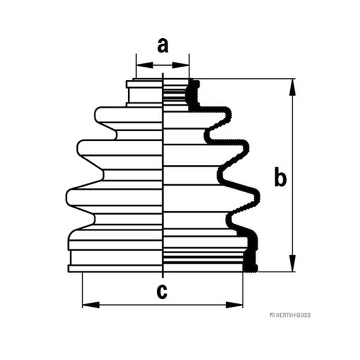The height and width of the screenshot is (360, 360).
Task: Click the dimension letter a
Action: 163,46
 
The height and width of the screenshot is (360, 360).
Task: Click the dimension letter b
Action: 280,177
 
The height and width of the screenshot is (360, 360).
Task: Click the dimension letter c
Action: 162,292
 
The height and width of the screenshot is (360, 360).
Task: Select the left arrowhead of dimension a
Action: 144,65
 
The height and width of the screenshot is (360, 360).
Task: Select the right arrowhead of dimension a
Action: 181,65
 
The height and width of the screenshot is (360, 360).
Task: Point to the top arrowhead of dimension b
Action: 292,87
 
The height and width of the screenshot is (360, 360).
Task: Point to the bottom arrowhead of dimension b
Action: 292,263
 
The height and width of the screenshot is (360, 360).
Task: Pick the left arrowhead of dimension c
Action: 91,305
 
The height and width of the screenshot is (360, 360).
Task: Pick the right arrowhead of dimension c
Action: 234,305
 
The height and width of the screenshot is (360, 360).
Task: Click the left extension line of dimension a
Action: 136,66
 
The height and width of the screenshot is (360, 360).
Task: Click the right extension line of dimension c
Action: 243,290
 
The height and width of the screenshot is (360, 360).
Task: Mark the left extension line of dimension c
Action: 82,290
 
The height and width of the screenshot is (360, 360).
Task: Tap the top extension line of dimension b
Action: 244,79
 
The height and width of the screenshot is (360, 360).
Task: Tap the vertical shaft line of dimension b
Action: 292,175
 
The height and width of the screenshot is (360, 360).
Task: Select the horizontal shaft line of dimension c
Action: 162,305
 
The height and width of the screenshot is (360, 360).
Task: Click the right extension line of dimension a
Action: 189,66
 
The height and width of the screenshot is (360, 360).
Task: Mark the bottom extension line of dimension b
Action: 276,272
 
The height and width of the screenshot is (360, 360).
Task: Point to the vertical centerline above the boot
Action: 163,76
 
